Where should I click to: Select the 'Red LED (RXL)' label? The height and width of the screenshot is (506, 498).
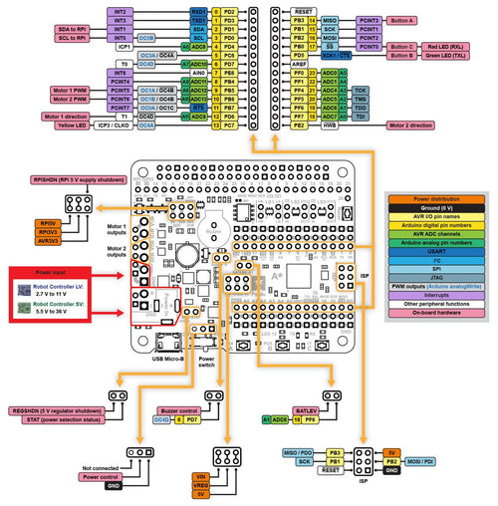click(x=443, y=46)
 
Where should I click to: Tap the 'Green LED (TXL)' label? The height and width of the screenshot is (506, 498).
click(x=443, y=56)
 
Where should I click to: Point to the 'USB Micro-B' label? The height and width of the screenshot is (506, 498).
click(x=173, y=360)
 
